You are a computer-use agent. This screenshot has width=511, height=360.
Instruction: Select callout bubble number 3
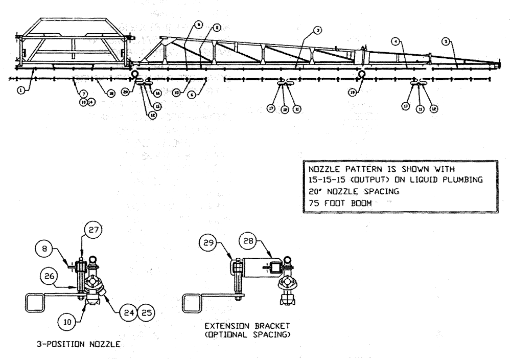click(x=318, y=31)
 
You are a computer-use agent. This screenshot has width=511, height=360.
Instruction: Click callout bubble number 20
click(x=126, y=93)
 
